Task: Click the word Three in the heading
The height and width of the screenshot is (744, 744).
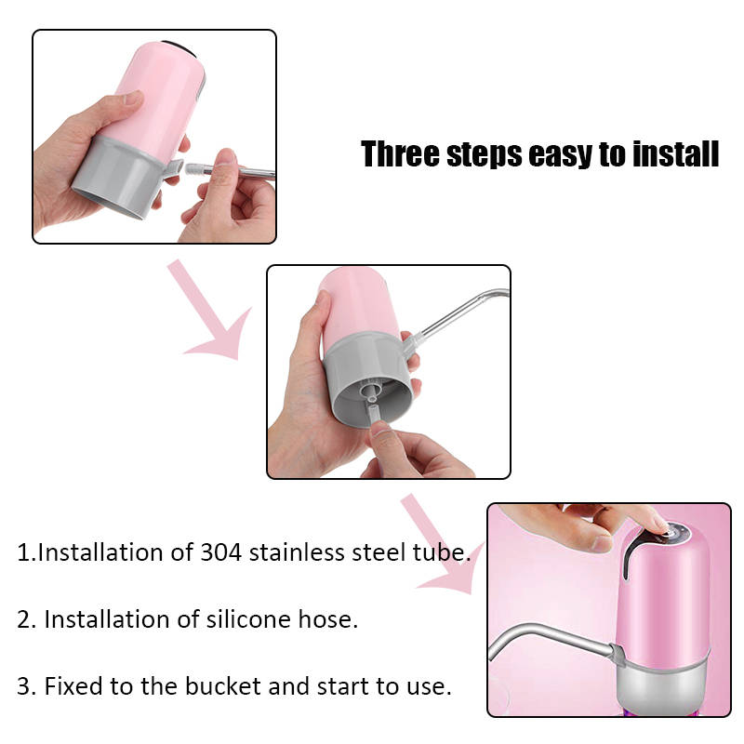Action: [400, 153]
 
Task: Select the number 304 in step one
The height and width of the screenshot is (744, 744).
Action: [220, 552]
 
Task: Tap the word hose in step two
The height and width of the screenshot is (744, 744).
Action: [327, 619]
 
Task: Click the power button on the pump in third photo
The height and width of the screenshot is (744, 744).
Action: [672, 532]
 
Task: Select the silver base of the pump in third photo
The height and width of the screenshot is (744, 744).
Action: [662, 685]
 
